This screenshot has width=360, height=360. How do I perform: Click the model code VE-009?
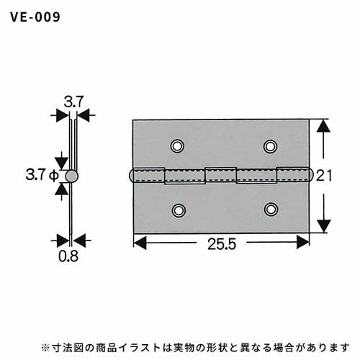[35, 17]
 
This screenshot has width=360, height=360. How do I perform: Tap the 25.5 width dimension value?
[222, 244]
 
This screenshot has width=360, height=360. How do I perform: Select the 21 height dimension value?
[324, 176]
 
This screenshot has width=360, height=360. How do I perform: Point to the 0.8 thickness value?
[68, 256]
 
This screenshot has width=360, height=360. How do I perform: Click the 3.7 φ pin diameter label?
[42, 175]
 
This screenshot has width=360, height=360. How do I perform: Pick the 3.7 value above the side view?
[73, 102]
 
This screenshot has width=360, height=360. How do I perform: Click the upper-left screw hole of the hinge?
[177, 146]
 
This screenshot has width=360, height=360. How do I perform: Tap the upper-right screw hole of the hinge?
[271, 146]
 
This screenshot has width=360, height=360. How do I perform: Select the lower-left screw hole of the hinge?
[179, 210]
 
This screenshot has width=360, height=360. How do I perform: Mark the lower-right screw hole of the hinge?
[271, 210]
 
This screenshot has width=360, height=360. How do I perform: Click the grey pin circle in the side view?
[72, 176]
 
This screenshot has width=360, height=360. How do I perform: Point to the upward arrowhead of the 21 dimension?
[323, 126]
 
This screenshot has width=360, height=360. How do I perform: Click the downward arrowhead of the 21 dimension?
[324, 226]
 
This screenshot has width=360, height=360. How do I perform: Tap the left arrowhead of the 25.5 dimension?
[140, 243]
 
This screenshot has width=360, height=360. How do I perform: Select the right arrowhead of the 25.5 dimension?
[303, 242]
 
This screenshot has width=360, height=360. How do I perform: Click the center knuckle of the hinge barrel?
[221, 175]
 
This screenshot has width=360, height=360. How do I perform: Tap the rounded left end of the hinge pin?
[131, 175]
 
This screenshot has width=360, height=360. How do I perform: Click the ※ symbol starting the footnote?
[45, 347]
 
